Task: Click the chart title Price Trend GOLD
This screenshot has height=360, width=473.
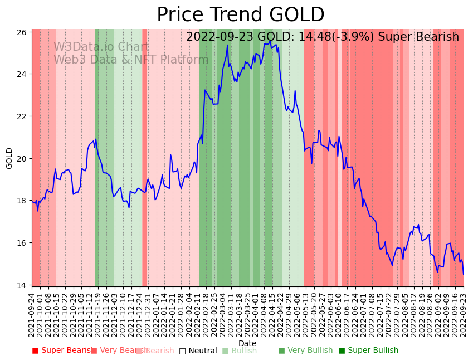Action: [x=240, y=15]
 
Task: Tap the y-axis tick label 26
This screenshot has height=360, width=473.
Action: [x=21, y=32]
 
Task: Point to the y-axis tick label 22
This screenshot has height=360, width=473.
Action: [x=21, y=116]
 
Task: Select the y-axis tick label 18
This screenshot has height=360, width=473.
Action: [x=21, y=201]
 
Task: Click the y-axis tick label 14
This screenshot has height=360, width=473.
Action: [x=21, y=285]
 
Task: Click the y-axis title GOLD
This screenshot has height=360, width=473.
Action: [x=9, y=158]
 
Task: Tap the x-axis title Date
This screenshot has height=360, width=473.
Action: [x=247, y=343]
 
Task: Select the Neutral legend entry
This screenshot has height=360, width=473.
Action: [x=198, y=351]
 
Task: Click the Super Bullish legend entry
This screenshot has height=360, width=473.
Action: [x=368, y=351]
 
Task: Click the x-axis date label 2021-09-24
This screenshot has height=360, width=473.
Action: [x=32, y=315]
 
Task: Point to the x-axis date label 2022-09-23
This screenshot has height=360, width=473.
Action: [x=463, y=315]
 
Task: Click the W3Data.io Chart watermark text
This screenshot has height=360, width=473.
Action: [x=101, y=47]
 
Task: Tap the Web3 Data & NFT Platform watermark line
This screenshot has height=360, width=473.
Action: [x=131, y=60]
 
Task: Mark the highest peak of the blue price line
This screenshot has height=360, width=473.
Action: [x=270, y=41]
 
